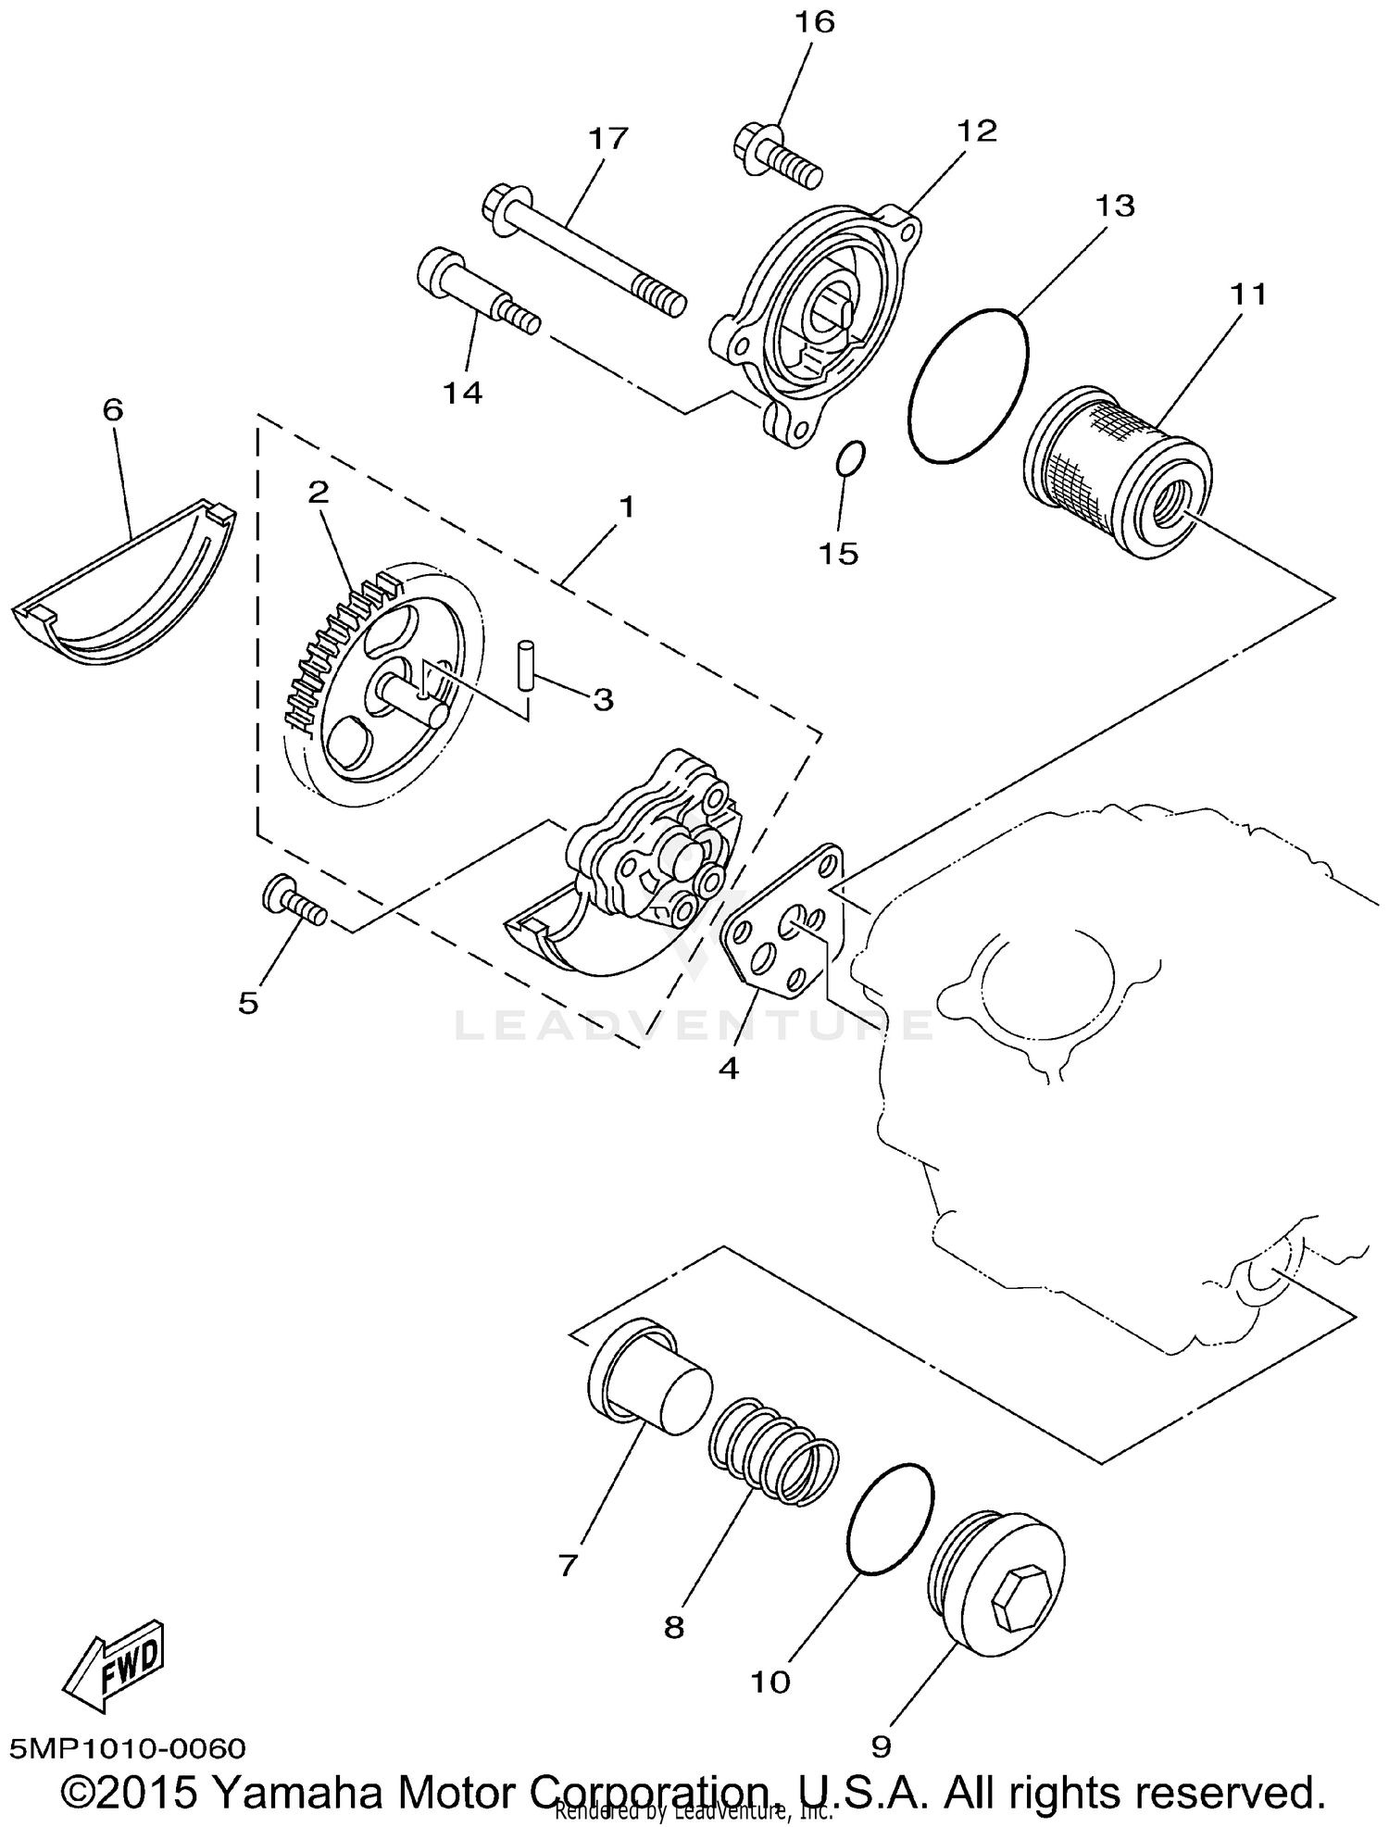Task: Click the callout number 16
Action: [x=814, y=21]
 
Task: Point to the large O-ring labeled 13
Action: [x=969, y=385]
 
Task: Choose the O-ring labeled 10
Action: [x=890, y=1520]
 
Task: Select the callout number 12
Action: [x=978, y=131]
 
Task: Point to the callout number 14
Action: [x=462, y=393]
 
